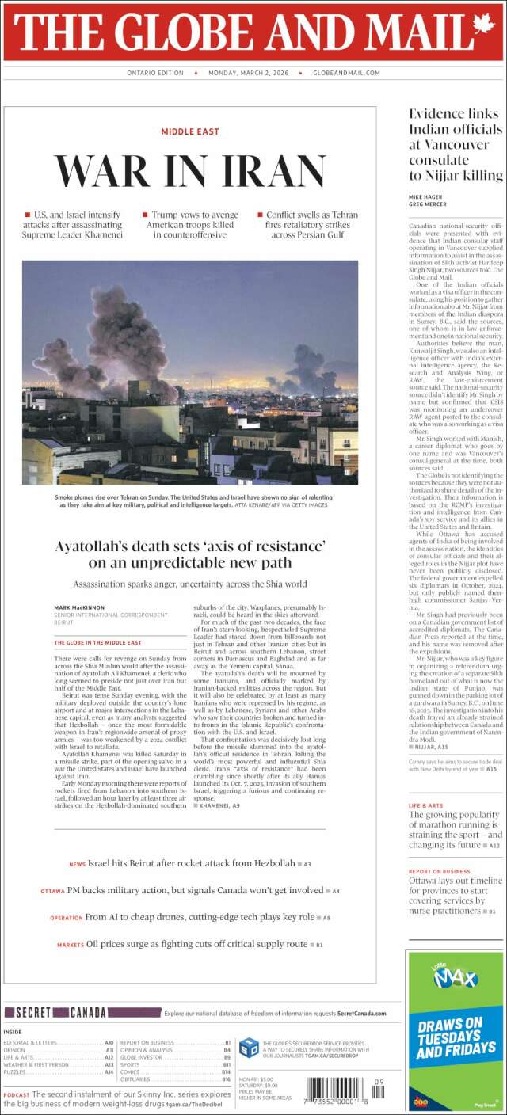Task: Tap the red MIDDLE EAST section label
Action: click(190, 131)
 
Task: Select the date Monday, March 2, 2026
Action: click(250, 73)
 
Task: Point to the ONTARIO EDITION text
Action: click(155, 73)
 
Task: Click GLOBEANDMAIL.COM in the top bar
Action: click(347, 73)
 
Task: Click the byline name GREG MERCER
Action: click(428, 204)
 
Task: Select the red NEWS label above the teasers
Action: click(77, 864)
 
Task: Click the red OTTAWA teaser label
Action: click(52, 892)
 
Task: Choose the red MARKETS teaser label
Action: click(70, 945)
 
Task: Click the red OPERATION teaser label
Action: click(66, 918)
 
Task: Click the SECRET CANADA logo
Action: click(55, 1013)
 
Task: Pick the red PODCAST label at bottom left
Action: click(17, 1095)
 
